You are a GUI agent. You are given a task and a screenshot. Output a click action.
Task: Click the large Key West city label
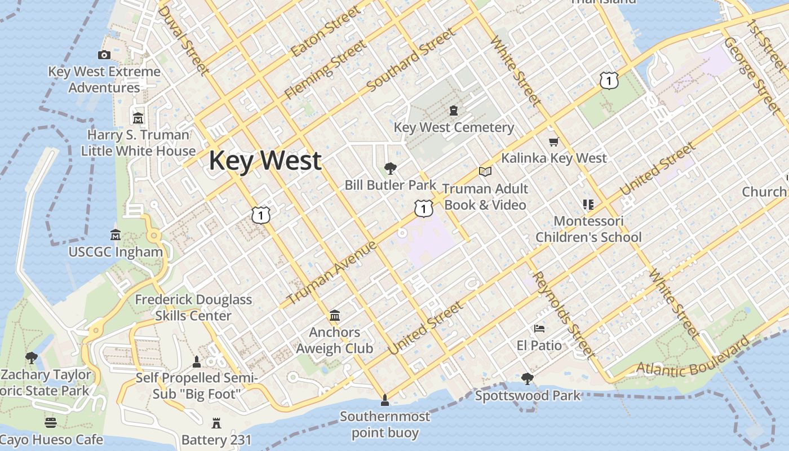[265, 161]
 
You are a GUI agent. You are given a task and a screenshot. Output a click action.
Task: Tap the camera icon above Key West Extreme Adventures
[104, 55]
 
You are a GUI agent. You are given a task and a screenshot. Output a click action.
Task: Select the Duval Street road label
[183, 41]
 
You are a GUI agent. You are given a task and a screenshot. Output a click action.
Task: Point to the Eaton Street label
[325, 32]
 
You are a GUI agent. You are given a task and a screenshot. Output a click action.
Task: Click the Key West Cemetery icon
[454, 110]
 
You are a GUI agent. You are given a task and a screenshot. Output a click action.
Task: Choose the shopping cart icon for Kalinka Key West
[553, 142]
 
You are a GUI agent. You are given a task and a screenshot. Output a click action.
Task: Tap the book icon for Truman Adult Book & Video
[485, 171]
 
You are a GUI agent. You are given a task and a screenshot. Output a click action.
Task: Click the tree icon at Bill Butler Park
[390, 168]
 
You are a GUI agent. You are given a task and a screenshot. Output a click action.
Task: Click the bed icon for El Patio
[539, 328]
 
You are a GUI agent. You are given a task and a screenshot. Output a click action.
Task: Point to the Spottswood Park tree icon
[528, 378]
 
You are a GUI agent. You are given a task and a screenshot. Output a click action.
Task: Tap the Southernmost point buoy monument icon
[385, 400]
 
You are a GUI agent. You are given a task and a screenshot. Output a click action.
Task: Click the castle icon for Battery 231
[216, 423]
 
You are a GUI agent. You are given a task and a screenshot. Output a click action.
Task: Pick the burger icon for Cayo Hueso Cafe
[51, 423]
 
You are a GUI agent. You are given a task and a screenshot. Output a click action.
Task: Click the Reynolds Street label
[563, 315]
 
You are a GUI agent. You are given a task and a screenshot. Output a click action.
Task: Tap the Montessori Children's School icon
[588, 204]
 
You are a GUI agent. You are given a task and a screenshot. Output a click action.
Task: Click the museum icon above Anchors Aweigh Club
[335, 315]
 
